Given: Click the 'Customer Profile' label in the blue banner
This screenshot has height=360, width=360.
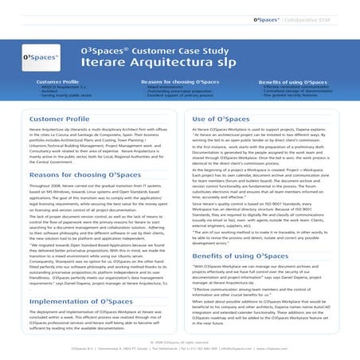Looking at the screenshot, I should pyautogui.click(x=57, y=82).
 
